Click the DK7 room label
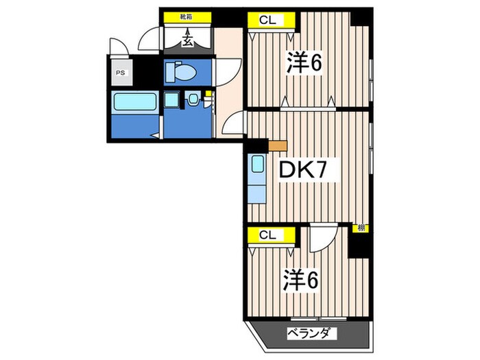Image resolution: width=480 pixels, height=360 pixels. (308, 169)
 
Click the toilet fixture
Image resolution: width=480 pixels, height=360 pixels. (184, 71)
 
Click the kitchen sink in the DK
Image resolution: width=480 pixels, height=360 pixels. (257, 165)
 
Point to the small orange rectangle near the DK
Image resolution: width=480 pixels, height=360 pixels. (277, 145)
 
